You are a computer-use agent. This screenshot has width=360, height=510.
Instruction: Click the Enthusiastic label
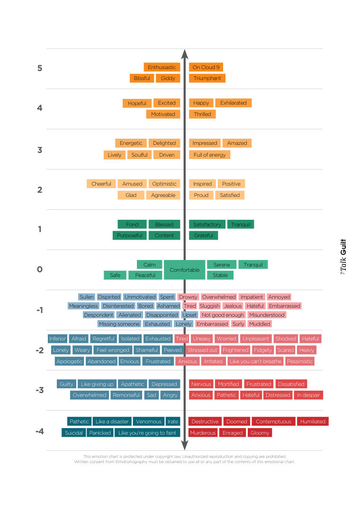[x=162, y=67]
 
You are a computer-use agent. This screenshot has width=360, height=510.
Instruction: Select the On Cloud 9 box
[x=206, y=67]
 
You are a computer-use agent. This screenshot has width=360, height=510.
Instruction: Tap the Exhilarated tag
[x=234, y=103]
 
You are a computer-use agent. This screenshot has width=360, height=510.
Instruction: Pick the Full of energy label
[x=210, y=155]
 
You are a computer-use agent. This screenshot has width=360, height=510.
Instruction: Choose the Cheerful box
[x=101, y=184]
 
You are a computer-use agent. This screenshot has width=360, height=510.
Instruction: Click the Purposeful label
[x=129, y=235]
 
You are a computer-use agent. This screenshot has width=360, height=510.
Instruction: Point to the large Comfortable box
[x=185, y=269]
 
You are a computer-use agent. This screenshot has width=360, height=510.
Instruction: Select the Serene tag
[x=222, y=265]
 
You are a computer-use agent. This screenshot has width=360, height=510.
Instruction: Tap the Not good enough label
[x=223, y=315]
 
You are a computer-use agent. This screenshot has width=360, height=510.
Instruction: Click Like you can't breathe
[x=255, y=361]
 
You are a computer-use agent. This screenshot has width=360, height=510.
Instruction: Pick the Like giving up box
[x=97, y=384]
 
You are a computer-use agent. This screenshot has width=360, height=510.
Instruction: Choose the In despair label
[x=308, y=395]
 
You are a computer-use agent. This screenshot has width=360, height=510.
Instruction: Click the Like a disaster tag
[x=112, y=421]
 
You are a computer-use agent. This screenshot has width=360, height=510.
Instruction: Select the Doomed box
[x=237, y=421]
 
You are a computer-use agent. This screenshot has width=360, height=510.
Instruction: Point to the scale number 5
[x=40, y=68]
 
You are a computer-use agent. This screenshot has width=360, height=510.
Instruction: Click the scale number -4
[x=40, y=431]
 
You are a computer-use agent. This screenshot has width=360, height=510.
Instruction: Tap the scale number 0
[x=40, y=269]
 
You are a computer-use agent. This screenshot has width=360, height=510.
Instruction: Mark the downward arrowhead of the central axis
[x=185, y=446]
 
